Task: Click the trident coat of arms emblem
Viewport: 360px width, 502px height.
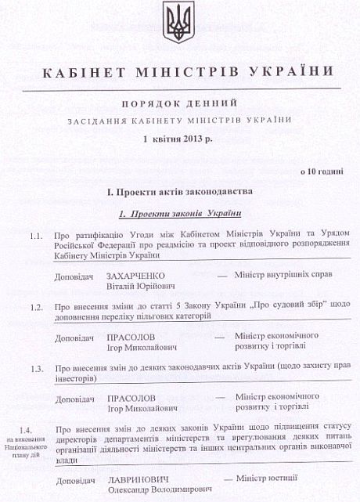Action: click(x=180, y=23)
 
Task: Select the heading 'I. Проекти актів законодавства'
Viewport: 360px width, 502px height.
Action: click(x=179, y=192)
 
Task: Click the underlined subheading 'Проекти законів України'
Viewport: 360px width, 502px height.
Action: click(x=185, y=213)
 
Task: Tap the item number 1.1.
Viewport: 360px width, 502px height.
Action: click(x=36, y=236)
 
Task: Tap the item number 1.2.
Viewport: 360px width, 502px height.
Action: click(x=36, y=307)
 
